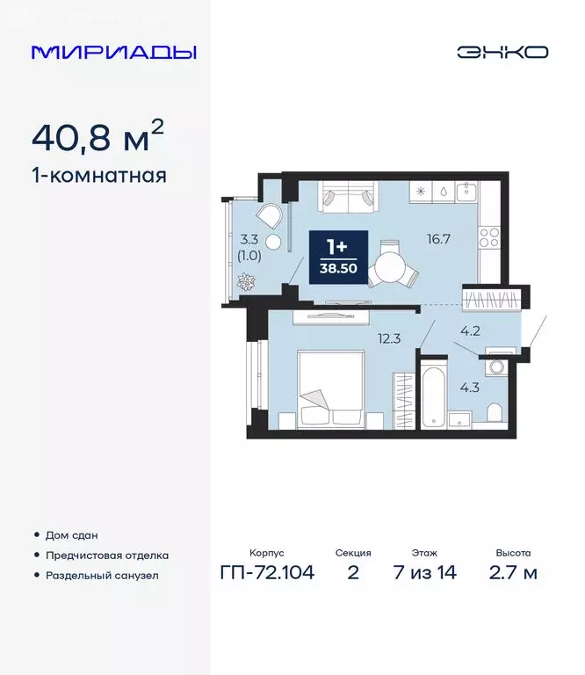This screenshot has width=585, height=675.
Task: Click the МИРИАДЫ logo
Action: click(113, 52)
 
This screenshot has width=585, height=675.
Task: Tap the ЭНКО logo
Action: click(502, 52)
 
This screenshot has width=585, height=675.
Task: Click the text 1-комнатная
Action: click(98, 176)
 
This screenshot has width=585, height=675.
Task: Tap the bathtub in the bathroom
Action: click(433, 400)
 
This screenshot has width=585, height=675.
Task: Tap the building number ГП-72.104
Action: click(267, 574)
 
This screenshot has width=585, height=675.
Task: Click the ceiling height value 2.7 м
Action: click(513, 574)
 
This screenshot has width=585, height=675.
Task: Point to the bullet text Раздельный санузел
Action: click(102, 575)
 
